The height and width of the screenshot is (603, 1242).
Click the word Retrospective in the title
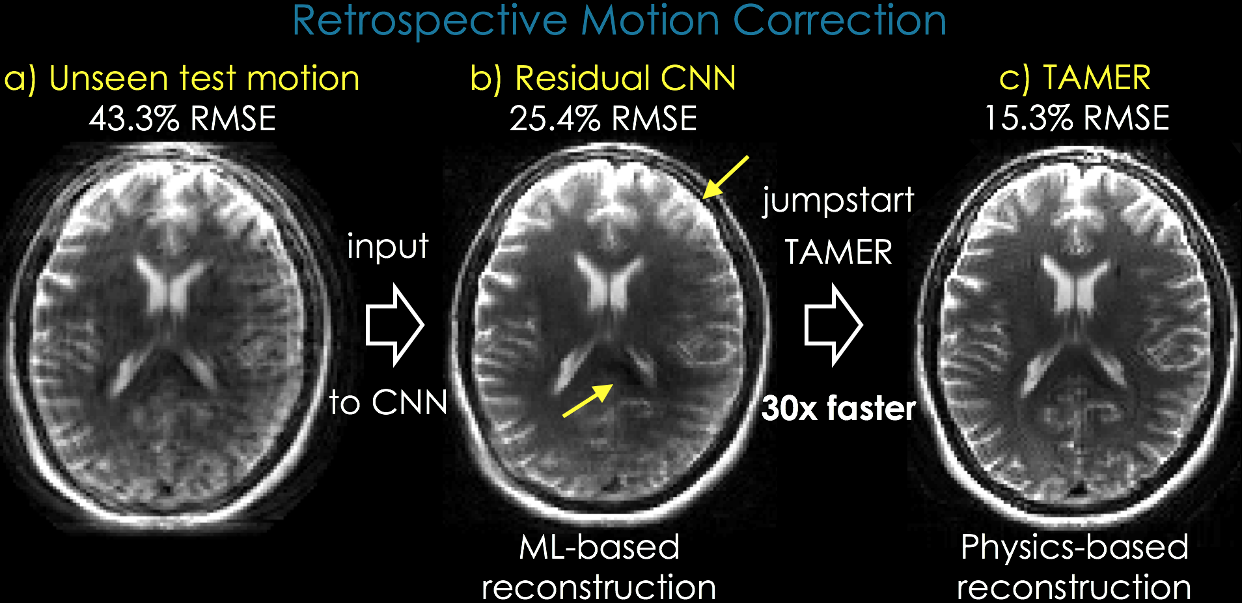coord(430,21)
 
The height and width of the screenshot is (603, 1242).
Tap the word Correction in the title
coord(839,21)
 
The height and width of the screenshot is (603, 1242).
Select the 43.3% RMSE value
coord(183,119)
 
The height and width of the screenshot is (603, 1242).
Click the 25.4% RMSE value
coord(603,119)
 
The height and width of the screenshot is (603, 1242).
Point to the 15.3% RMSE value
coord(1077,119)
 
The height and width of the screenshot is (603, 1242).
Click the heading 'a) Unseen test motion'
coord(182,79)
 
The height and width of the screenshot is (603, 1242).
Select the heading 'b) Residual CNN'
coord(603,79)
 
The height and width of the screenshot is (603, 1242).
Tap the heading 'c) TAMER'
coord(1075,79)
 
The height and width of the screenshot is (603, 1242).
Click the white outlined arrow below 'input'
coord(394,324)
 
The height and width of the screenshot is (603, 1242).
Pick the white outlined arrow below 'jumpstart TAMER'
coord(833,324)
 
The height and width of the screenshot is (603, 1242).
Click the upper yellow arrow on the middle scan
coord(725,176)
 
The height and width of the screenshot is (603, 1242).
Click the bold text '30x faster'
coord(838,409)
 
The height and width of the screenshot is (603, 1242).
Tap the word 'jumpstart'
coord(838,201)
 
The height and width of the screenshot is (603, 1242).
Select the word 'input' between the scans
coord(387,247)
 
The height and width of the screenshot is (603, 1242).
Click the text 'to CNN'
coord(389,402)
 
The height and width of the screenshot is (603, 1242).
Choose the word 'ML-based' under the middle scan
coord(599,547)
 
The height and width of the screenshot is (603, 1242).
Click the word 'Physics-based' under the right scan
coord(1075,547)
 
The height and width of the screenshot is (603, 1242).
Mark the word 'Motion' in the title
coord(650,21)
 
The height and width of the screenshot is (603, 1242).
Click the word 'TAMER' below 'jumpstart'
coord(838,253)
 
